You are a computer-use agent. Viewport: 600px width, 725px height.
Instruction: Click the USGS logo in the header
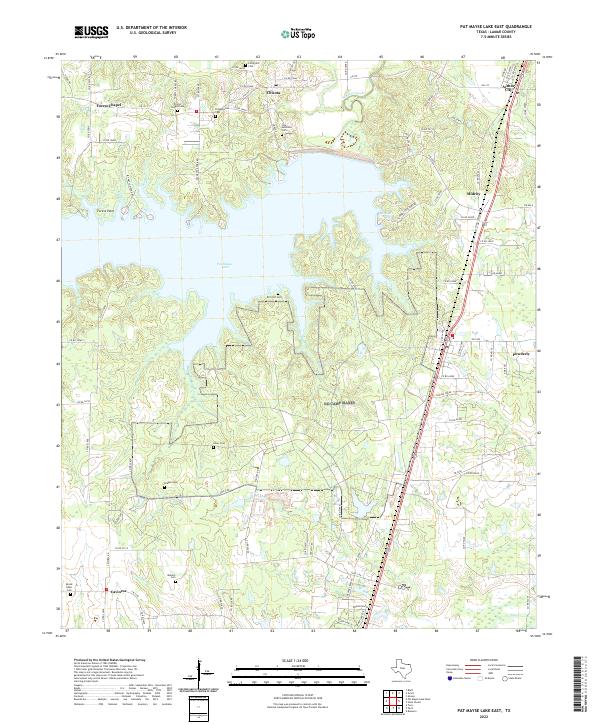click(x=91, y=32)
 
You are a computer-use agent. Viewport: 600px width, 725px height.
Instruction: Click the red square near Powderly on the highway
click(x=451, y=336)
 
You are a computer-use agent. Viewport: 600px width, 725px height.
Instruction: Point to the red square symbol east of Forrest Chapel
click(x=197, y=111)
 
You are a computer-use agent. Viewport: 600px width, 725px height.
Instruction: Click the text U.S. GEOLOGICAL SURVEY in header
click(x=150, y=33)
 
